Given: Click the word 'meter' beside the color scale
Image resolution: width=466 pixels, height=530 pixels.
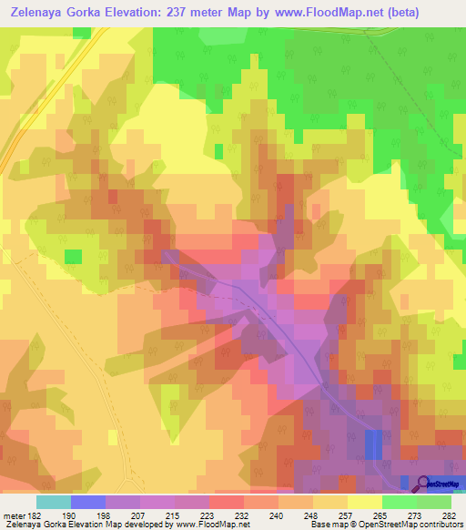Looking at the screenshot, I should [x=14, y=515].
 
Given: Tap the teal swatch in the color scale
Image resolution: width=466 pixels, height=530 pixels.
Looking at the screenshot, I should [x=54, y=502].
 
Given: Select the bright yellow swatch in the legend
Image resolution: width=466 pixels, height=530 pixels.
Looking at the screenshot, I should [x=365, y=502].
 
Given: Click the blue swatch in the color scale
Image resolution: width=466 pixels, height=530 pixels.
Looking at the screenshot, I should [x=88, y=502].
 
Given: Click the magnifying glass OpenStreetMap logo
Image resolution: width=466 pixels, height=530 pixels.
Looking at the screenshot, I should [x=423, y=484].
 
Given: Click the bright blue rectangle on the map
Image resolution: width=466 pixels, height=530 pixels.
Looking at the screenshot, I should [x=373, y=443].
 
